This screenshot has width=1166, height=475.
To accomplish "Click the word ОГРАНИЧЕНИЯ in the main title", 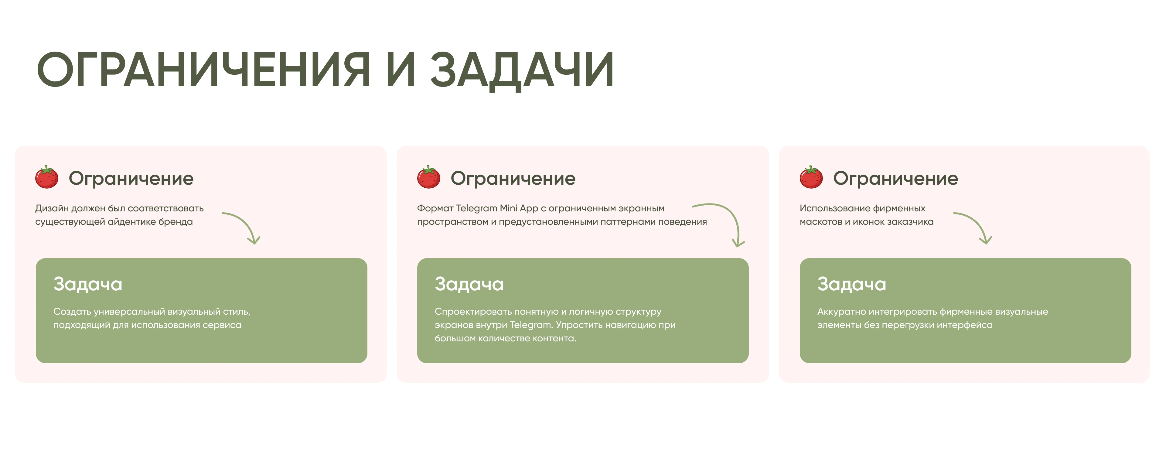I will pos(203,70).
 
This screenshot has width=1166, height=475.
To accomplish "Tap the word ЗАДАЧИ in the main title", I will pos(521,70).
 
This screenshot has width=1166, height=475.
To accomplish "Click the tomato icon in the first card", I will pos(47,177).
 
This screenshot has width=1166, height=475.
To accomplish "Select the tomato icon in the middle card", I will pos(428,177).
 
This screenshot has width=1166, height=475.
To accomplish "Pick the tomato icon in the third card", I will pos(811,177).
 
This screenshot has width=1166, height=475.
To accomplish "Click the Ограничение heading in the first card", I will pos(131,178).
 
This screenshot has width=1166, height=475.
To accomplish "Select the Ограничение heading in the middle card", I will pos(513,178).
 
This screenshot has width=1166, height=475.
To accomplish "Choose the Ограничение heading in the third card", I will pos(895,178).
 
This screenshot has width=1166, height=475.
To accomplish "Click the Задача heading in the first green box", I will pos(88,284).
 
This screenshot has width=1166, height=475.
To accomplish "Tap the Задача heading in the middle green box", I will pos(469,284).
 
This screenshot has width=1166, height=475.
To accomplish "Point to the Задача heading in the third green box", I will pos(851,284).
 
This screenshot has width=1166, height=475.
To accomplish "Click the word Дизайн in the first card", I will pos(52,209).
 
